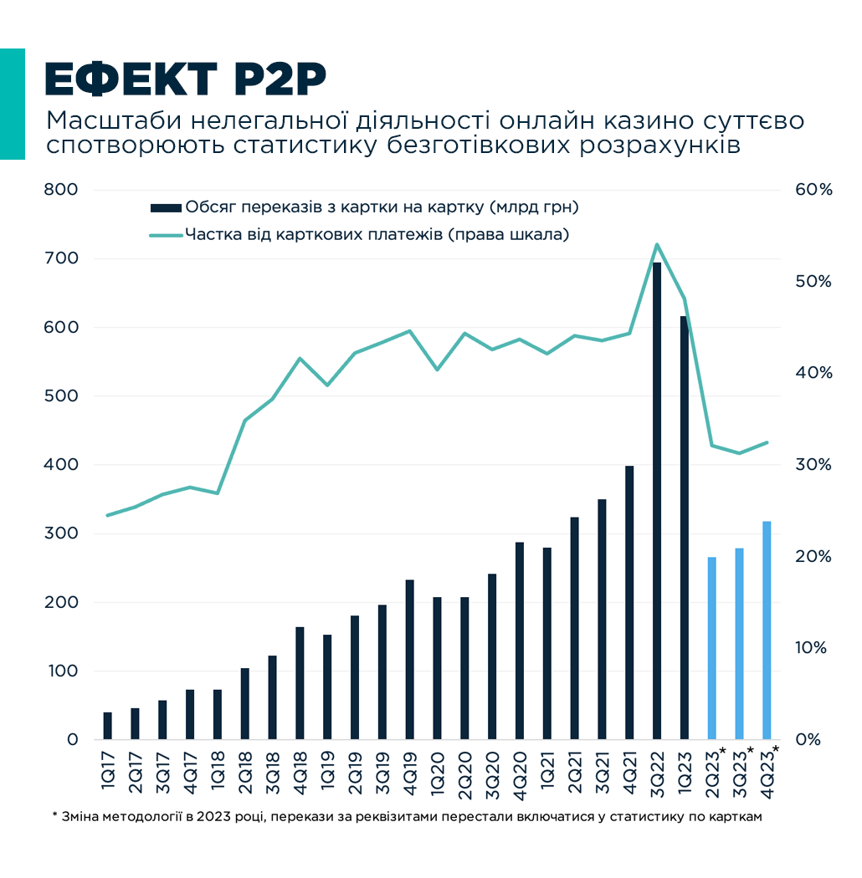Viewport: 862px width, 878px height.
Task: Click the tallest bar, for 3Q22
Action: coord(657,501)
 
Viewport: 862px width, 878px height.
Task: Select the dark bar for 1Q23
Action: coord(685,528)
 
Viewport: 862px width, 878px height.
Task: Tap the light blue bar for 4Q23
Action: coord(767,630)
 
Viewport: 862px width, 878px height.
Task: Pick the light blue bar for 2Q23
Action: coord(712,648)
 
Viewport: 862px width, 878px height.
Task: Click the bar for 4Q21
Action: coord(629,602)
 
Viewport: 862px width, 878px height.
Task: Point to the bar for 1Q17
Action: coord(107,726)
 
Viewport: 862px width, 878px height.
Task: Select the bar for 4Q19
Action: coord(409,660)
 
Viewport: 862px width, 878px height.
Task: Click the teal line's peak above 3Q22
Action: coord(657,244)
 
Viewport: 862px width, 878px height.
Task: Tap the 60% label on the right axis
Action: coord(814,190)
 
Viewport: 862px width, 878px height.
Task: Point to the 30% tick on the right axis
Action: coord(814,465)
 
